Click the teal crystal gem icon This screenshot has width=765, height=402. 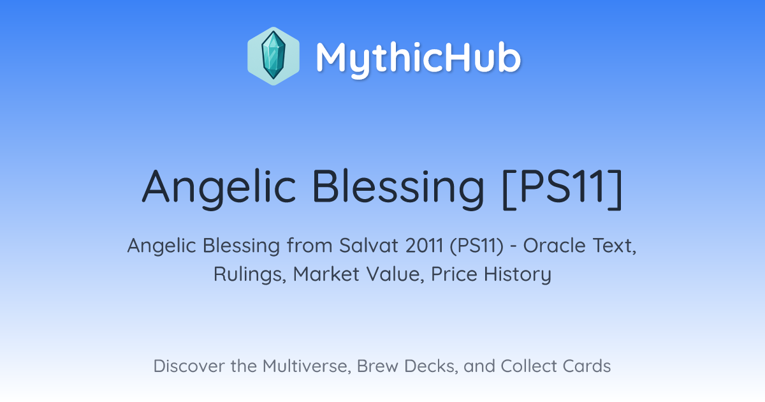point(273,56)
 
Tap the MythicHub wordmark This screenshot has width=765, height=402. point(418,58)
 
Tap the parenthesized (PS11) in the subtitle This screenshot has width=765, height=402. point(477,246)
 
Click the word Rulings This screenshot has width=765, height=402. point(250,274)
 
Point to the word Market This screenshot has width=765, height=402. point(326,274)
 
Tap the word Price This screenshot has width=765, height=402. point(454,274)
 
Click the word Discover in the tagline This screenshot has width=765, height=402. point(189,366)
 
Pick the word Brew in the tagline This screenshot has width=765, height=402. point(377,366)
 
